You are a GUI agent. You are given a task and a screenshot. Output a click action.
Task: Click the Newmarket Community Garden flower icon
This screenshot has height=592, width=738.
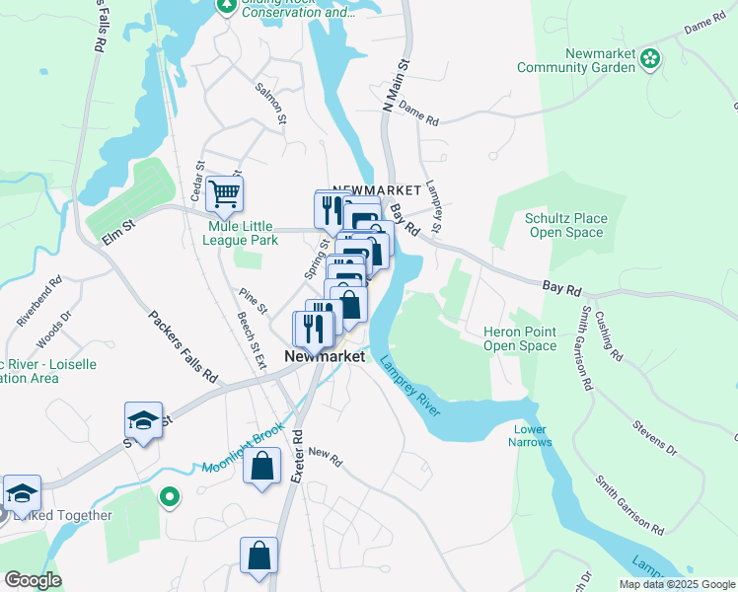coord(650,59)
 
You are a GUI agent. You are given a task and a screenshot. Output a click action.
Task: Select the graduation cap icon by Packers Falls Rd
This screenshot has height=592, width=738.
coord(143,421)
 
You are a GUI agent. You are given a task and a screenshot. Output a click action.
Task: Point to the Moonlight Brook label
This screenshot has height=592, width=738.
coord(243,449)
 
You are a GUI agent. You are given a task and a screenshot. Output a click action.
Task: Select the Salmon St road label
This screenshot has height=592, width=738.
coord(270,103)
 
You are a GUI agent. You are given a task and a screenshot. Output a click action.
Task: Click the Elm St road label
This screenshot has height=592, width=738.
coord(115,237)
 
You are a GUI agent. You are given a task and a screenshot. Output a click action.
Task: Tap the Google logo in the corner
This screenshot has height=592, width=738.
coord(33,580)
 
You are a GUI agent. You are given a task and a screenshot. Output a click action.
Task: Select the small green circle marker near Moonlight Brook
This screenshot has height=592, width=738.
coord(170,500)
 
